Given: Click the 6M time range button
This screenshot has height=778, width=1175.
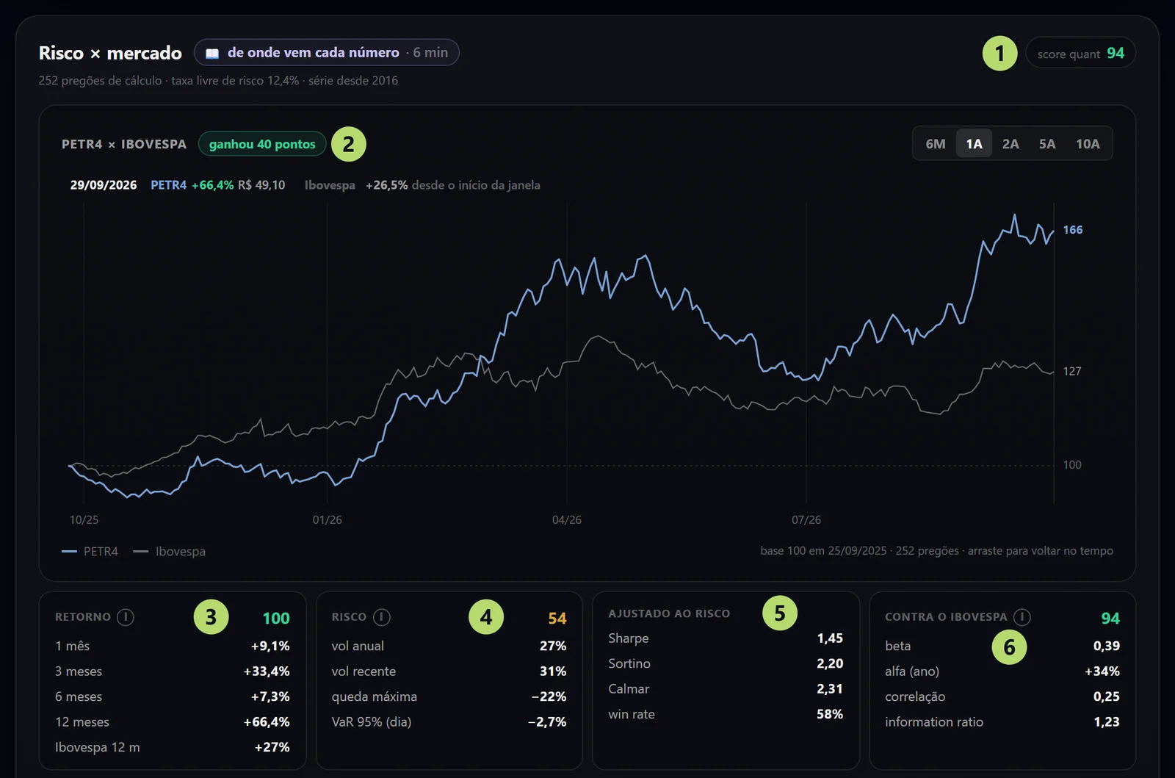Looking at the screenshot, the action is [936, 144].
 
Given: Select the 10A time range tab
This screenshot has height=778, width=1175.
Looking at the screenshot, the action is [1088, 144].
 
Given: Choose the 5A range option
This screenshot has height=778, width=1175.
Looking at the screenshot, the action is [1047, 144].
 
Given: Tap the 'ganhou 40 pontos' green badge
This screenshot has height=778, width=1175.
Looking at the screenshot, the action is [262, 144].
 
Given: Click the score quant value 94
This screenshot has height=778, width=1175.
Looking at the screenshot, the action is [1116, 53].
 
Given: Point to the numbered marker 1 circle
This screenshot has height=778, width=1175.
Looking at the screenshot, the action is [999, 53].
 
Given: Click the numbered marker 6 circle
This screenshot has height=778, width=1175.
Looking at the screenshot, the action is [1009, 647].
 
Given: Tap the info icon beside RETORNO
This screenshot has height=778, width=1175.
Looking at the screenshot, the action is [126, 617].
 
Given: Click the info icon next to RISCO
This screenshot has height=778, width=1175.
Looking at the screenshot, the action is [381, 617].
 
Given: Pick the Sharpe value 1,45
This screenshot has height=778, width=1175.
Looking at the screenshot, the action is [830, 638].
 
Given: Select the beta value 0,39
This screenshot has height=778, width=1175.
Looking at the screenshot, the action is [1106, 646].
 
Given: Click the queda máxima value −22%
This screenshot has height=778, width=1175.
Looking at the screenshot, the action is [549, 696].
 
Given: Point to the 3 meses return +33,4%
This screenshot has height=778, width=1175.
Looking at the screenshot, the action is [267, 671].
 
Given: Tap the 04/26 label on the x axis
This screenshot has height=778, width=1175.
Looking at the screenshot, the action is [566, 520].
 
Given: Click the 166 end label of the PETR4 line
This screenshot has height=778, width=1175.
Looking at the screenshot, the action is [1073, 230].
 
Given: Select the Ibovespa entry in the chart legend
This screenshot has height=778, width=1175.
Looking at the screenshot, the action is [170, 552].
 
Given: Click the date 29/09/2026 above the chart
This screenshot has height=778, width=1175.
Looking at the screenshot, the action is [104, 185].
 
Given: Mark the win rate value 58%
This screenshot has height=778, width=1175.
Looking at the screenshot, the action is [830, 714].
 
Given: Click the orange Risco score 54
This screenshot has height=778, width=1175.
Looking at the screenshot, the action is [557, 618].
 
